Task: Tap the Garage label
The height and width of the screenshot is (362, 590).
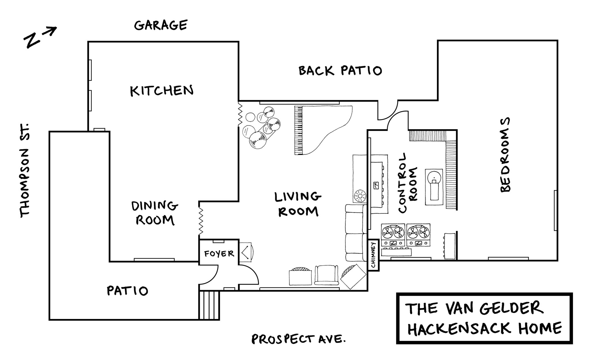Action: click(x=160, y=25)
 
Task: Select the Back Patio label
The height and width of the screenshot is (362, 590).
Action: click(x=340, y=71)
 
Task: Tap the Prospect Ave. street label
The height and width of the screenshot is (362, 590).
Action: click(x=298, y=339)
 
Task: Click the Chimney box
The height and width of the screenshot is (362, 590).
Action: click(x=373, y=255)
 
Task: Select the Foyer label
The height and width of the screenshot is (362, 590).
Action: click(x=219, y=254)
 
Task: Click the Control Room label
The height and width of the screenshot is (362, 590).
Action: click(x=406, y=183)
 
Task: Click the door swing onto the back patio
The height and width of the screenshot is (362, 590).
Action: click(x=387, y=111)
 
